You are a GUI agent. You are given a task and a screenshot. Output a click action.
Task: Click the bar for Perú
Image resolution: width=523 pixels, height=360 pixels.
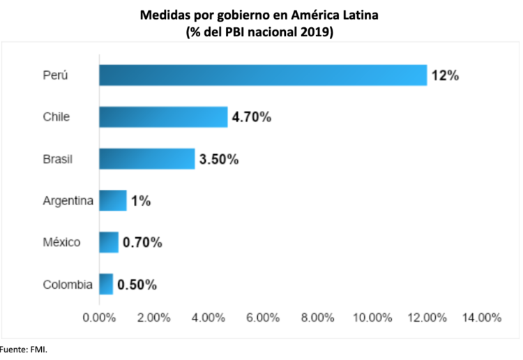click(262, 75)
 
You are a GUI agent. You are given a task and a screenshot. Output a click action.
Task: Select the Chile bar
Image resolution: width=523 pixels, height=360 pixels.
click(163, 117)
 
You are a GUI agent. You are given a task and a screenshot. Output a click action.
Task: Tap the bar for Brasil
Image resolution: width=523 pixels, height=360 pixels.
click(146, 158)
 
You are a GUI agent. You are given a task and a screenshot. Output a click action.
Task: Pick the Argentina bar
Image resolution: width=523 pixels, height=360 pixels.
click(112, 201)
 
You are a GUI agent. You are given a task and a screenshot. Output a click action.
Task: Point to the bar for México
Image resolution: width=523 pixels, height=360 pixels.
click(108, 242)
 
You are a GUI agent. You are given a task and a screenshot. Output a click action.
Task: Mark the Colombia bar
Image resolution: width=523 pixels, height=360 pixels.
click(105, 284)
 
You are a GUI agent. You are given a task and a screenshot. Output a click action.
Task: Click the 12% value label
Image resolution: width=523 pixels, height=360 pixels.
click(445, 75)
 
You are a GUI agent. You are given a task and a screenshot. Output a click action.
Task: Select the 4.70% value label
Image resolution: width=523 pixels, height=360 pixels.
click(252, 117)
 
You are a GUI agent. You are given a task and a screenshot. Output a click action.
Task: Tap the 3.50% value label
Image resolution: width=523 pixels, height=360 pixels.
click(219, 159)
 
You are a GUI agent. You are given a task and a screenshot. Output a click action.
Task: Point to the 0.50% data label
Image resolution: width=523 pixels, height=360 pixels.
click(137, 285)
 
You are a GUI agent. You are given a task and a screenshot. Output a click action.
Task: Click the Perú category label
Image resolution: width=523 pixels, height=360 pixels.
click(56, 75)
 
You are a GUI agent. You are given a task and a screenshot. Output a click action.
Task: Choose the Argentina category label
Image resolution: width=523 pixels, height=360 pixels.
click(68, 201)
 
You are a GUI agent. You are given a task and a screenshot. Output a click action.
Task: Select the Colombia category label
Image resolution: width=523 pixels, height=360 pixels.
click(68, 285)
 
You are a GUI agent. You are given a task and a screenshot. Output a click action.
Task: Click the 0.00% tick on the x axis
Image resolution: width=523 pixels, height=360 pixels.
click(99, 317)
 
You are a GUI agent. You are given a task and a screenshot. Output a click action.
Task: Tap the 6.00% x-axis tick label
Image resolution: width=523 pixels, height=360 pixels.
click(263, 317)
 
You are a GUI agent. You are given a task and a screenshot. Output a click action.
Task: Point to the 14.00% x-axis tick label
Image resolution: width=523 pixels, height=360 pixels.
click(481, 317)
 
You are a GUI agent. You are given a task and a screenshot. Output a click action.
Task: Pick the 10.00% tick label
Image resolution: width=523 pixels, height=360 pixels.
click(372, 317)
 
